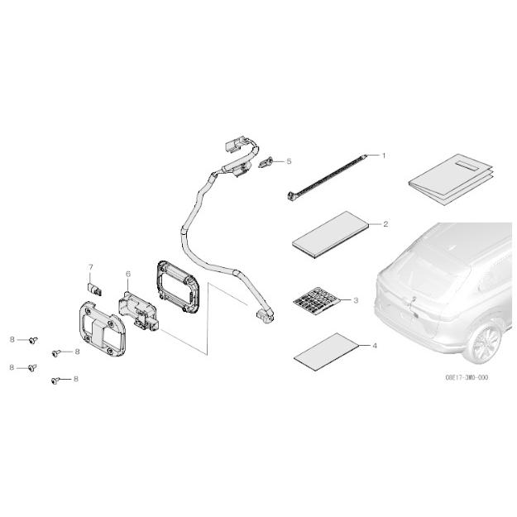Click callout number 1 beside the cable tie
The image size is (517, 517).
tap(384, 156)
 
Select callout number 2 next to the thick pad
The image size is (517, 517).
tap(385, 224)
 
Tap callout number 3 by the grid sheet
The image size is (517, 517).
tap(356, 300)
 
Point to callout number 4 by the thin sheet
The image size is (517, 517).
tap(374, 346)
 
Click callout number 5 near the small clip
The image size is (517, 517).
tap(289, 161)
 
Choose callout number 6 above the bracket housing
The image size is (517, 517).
tap(128, 274)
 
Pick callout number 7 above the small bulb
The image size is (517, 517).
tap(91, 266)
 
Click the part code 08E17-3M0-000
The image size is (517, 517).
tap(467, 377)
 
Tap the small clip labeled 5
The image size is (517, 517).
tap(266, 163)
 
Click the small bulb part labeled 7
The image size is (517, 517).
tap(94, 290)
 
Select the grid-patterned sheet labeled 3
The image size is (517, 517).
tap(317, 301)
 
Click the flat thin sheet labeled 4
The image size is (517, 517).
tap(326, 352)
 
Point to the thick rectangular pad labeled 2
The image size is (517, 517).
tap(330, 235)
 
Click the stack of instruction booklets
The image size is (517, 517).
tap(451, 180)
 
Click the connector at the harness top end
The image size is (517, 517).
tap(236, 145)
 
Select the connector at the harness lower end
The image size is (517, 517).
tap(266, 315)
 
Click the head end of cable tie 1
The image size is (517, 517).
tap(291, 196)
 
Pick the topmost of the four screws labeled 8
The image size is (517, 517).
tap(33, 340)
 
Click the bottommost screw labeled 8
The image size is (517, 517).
tap(55, 381)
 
